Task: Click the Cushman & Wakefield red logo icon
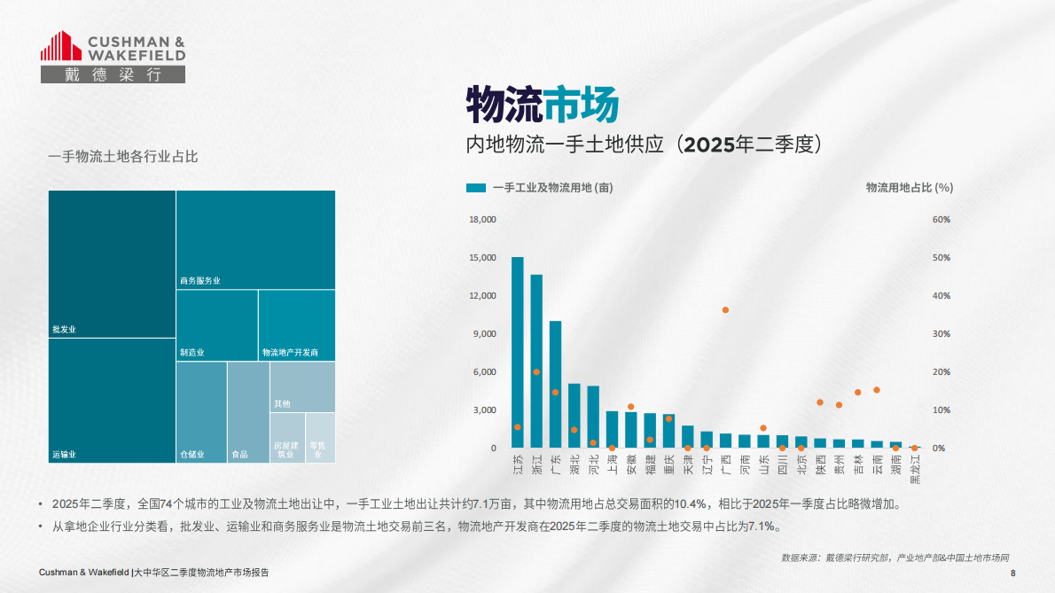pyautogui.click(x=60, y=47)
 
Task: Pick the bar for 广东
pyautogui.click(x=555, y=385)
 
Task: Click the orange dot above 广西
pyautogui.click(x=725, y=310)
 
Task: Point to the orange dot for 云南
pyautogui.click(x=877, y=390)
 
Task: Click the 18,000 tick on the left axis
pyautogui.click(x=482, y=220)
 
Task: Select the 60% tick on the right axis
pyautogui.click(x=942, y=220)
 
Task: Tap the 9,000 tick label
pyautogui.click(x=484, y=334)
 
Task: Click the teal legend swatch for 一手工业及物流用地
pyautogui.click(x=476, y=188)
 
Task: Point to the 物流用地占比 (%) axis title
pyautogui.click(x=909, y=188)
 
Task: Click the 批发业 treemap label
pyautogui.click(x=65, y=330)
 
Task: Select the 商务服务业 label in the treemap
pyautogui.click(x=199, y=281)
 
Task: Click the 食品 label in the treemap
pyautogui.click(x=239, y=455)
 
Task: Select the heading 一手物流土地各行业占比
pyautogui.click(x=122, y=157)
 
